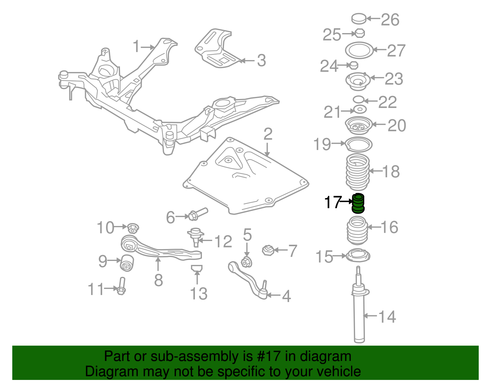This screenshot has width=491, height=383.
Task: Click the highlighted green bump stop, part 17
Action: [x=358, y=203]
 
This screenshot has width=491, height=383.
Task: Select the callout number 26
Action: [x=390, y=20]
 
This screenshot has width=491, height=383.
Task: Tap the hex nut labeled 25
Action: [x=360, y=33]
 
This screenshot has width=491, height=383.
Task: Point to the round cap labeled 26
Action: [x=359, y=18]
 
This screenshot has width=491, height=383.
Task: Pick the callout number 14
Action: [x=387, y=317]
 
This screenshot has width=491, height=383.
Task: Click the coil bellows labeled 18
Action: [x=358, y=172]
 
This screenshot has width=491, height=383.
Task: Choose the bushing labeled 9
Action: [x=126, y=262]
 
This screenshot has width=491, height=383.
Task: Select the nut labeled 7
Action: [x=268, y=250]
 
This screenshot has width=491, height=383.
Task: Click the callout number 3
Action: [x=261, y=60]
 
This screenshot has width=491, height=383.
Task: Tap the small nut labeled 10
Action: [x=133, y=228]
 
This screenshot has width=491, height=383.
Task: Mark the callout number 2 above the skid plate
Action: [x=268, y=134]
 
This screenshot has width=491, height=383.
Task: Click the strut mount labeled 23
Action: [x=358, y=81]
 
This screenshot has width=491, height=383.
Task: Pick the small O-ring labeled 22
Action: [x=358, y=99]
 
